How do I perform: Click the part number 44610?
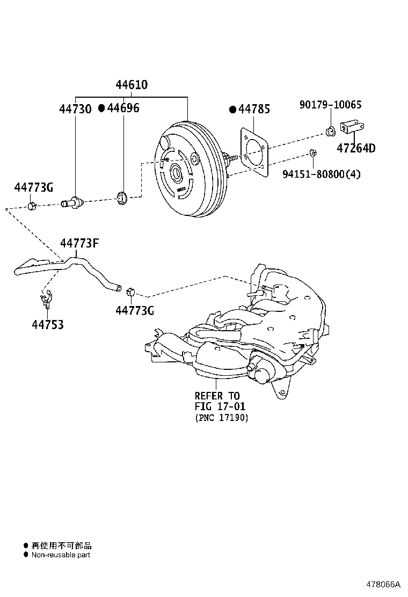coord(132,85)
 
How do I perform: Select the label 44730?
coord(75,109)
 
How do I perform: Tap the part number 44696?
coord(123,108)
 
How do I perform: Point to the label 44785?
coord(254,110)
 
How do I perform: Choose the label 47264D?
coord(356,149)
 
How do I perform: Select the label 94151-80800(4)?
coord(322,173)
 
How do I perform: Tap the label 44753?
coord(47,325)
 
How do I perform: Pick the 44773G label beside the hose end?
coord(135,310)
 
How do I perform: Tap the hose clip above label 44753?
coord(46,297)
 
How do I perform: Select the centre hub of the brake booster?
coord(176,173)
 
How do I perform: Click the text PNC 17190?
coord(222,418)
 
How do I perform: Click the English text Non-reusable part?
coord(61,555)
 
